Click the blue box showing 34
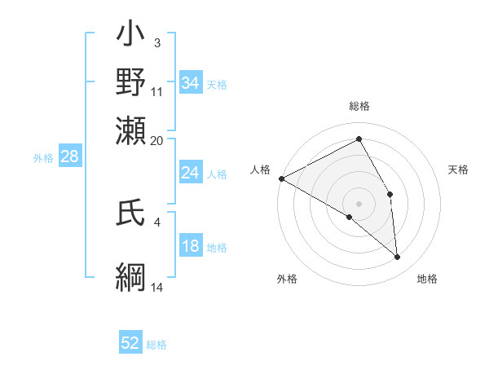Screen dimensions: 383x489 pyautogui.click(x=190, y=83)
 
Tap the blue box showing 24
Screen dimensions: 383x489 pyautogui.click(x=190, y=174)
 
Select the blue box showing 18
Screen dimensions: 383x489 pyautogui.click(x=190, y=247)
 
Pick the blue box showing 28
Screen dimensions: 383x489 pyautogui.click(x=69, y=157)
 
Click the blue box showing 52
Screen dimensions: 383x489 pyautogui.click(x=130, y=344)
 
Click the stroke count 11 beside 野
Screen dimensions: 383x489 pyautogui.click(x=157, y=92)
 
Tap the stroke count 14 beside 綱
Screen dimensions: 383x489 pyautogui.click(x=157, y=287)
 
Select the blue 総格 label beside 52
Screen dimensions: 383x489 pyautogui.click(x=156, y=345)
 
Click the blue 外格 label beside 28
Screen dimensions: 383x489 pyautogui.click(x=42, y=158)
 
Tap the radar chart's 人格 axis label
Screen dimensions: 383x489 pyautogui.click(x=261, y=169)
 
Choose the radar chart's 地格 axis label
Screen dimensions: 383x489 pyautogui.click(x=427, y=279)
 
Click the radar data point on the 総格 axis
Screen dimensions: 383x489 pyautogui.click(x=359, y=139)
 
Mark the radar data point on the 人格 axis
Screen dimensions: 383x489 pyautogui.click(x=281, y=178)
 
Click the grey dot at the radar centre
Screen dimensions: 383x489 pyautogui.click(x=359, y=203)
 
